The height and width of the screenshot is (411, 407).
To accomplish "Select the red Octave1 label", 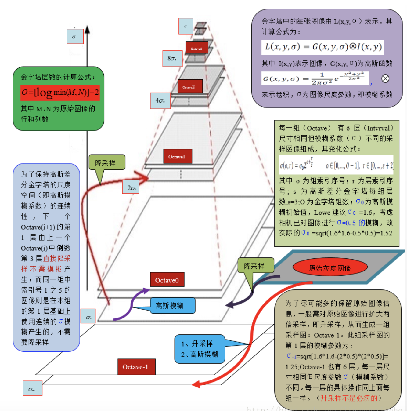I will coord(178,156).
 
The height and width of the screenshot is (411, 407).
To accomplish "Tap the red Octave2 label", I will coord(190,86).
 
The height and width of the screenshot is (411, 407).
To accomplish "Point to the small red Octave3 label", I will coord(197,48).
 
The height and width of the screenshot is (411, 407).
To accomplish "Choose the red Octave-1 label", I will coord(136,367).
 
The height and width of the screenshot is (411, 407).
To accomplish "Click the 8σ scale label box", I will coord(172,58).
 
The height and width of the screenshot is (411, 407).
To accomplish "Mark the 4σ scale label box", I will coord(160,101).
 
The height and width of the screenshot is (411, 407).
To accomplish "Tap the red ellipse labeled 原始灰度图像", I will coord(330,267).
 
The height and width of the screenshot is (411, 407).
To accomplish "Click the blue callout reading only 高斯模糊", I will coord(172,306).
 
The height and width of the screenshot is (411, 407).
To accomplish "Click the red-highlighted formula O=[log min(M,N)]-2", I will coord(60,93).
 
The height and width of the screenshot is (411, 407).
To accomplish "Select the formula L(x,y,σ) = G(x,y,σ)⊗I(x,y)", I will coord(322,47).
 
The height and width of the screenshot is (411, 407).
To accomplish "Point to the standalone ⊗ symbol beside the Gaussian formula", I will coord(385,79).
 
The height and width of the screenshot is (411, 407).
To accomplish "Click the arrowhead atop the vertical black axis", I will coord(87,30).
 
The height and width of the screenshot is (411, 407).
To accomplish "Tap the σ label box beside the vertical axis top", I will coord(75,37).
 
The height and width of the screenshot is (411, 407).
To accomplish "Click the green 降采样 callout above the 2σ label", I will coord(106,162).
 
